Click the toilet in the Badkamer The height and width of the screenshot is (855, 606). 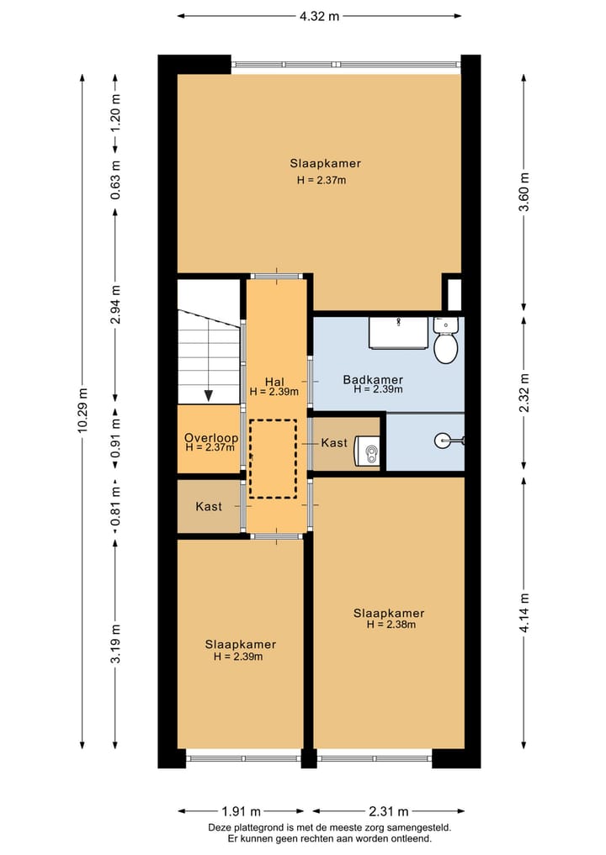coord(445,340)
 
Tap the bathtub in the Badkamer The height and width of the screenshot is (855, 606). coord(398,333)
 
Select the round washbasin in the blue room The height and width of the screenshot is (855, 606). coord(444,441)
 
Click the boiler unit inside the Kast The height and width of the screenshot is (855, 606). coord(368,451)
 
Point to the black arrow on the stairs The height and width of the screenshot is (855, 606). coord(209,396)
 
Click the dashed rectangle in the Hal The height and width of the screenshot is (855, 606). coord(273,458)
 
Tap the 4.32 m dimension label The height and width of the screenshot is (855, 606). coord(319,16)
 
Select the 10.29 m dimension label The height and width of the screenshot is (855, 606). coord(82,410)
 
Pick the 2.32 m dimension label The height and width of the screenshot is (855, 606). coord(524,393)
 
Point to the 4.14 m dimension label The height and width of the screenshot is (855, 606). coord(524,613)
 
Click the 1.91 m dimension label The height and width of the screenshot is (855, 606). coord(242,811)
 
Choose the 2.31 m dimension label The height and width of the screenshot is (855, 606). coord(388,811)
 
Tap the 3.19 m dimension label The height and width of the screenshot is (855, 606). coord(115,643)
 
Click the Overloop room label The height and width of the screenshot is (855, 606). coord(210,438)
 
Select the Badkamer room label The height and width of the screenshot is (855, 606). coord(373,379)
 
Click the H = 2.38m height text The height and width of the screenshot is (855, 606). coord(391,625)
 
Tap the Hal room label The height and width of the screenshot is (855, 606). coord(274,382)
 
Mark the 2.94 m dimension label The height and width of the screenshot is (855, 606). coord(115,303)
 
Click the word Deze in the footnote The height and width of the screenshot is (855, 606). coord(219,828)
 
